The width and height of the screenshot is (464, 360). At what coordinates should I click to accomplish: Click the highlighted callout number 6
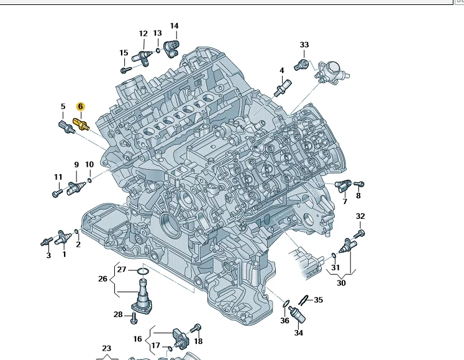pos(80,107)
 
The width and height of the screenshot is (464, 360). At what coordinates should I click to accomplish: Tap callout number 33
pos(304,45)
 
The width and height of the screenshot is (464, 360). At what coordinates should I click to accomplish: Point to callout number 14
pos(174,26)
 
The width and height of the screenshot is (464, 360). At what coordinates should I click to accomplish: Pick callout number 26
pos(103,279)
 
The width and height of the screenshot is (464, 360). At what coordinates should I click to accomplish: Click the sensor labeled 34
pos(298,315)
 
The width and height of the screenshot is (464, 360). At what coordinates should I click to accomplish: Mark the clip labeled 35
pos(306,300)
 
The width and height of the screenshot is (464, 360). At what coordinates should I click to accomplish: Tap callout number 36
pos(284,321)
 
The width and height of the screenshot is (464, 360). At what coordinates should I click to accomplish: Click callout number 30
pos(341,283)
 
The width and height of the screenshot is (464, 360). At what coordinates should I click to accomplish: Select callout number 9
pos(76,165)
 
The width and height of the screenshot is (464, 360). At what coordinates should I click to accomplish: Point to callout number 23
pos(106,348)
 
